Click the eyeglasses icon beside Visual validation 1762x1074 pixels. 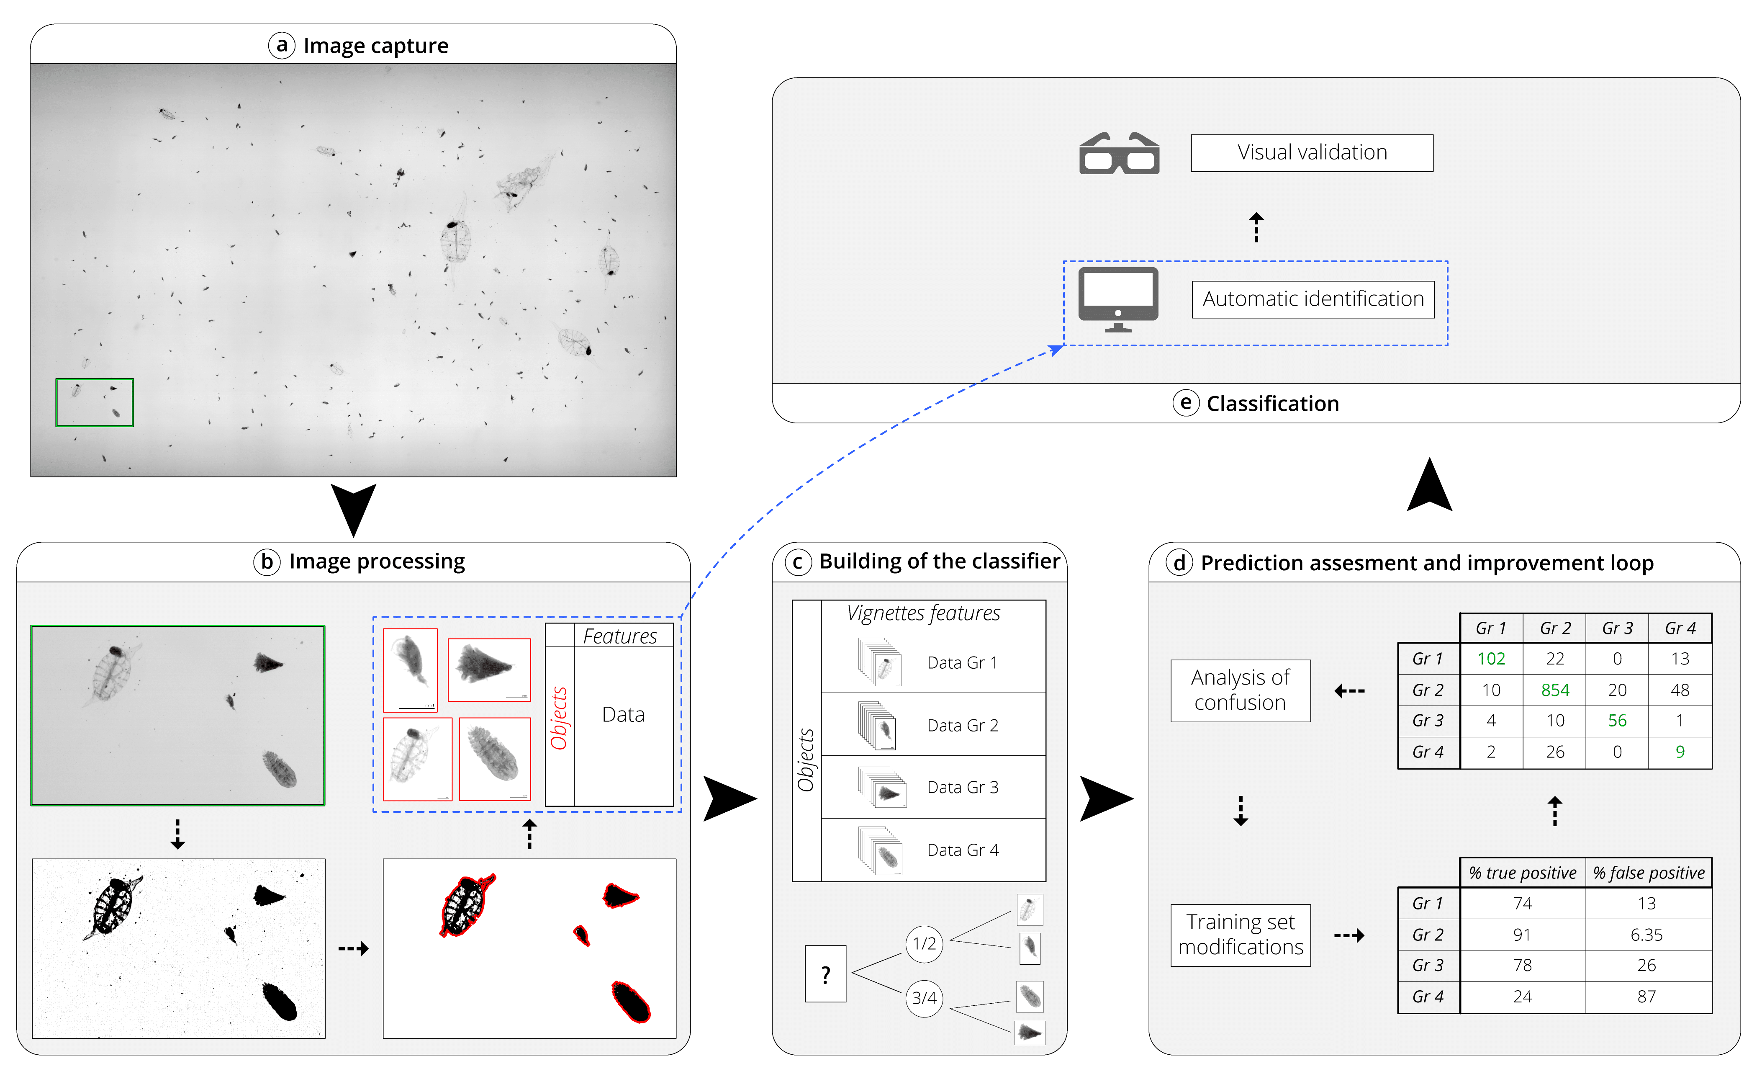pos(1119,154)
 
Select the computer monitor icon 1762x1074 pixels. pos(1118,299)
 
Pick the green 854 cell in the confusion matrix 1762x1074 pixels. pos(1555,690)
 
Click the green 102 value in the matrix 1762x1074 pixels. pos(1491,658)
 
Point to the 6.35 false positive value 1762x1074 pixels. pos(1646,935)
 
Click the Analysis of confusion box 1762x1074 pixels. pos(1240,690)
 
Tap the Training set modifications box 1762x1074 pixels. pos(1240,935)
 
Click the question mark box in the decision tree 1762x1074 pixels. pos(825,974)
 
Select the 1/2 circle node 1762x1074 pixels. pos(924,944)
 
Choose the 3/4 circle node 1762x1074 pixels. pos(924,998)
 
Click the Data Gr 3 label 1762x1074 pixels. pos(963,787)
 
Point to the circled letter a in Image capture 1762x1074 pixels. pos(282,46)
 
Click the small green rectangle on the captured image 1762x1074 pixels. pos(95,403)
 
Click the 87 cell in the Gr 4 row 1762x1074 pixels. pos(1646,997)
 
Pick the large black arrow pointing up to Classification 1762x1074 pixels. pos(1429,487)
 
